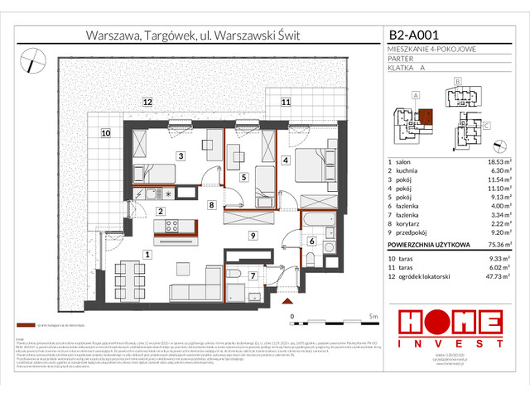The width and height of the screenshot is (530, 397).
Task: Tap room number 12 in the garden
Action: pyautogui.click(x=147, y=103)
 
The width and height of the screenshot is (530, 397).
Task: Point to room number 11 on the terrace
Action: pyautogui.click(x=285, y=103)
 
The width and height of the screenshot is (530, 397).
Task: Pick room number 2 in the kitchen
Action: pyautogui.click(x=161, y=212)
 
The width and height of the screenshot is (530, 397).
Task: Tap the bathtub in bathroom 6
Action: pyautogui.click(x=315, y=222)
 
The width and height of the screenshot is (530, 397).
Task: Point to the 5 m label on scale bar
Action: pyautogui.click(x=373, y=317)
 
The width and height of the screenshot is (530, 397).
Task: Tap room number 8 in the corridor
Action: pyautogui.click(x=211, y=205)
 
